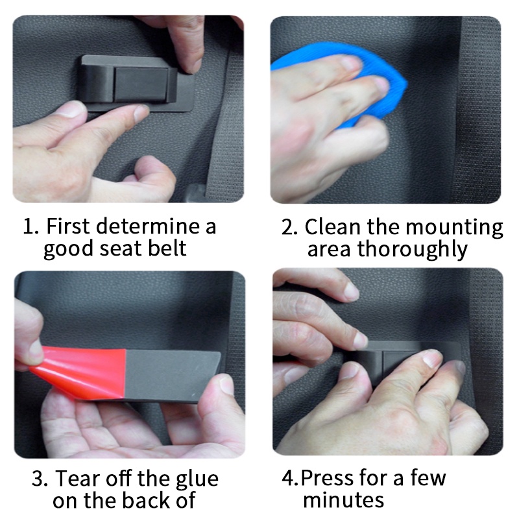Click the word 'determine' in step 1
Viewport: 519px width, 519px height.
[x=148, y=226]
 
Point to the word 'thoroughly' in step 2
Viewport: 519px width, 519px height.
[x=413, y=250]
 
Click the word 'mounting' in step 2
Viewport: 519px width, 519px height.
[x=454, y=228]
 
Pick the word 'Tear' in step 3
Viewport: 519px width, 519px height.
[x=77, y=479]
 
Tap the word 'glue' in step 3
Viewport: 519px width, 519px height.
[x=197, y=480]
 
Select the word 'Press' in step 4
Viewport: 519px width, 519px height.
[x=327, y=478]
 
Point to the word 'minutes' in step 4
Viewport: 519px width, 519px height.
[x=343, y=500]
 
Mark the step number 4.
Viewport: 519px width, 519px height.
[x=289, y=479]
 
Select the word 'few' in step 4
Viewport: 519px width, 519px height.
[x=428, y=478]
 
